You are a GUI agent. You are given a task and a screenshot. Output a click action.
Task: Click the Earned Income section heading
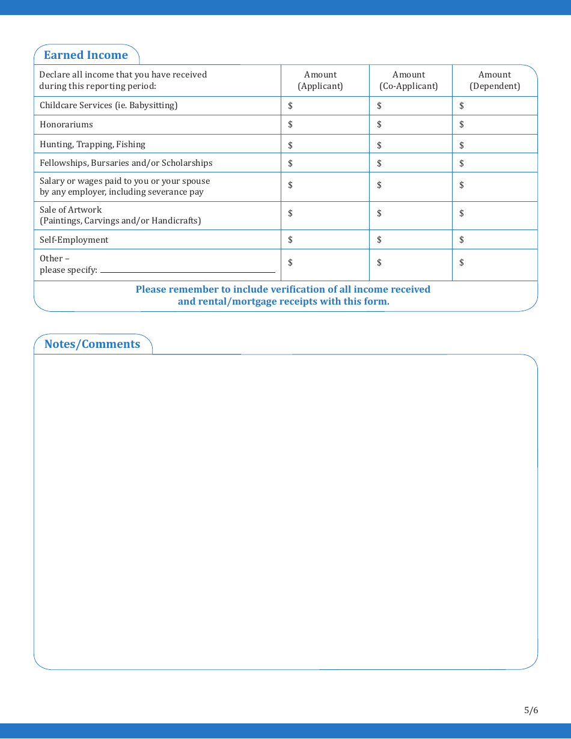pos(86,55)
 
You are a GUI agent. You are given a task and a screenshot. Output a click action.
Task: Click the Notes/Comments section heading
pos(92,344)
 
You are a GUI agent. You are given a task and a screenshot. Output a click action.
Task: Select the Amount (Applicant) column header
pos(320,81)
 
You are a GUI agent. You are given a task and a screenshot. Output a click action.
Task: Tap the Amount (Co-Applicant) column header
pos(409,81)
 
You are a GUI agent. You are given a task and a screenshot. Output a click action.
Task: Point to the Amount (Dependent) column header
pos(495,81)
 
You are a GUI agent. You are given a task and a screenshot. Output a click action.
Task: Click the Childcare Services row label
pos(109,105)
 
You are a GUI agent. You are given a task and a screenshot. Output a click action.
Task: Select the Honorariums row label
pos(66,124)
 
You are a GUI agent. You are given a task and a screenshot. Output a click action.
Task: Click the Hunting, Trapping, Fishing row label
pos(93,144)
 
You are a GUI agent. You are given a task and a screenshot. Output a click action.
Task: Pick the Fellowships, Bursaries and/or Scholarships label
pos(126,163)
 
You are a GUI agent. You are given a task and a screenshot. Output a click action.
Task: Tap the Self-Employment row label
pos(74,240)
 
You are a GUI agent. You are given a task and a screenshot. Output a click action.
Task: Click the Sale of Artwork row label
pos(120,215)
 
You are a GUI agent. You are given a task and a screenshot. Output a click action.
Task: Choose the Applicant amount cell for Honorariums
pos(325,124)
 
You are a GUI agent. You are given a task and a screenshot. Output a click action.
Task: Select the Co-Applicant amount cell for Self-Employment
pos(411,240)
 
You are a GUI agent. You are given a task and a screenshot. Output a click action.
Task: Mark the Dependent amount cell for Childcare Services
pos(495,106)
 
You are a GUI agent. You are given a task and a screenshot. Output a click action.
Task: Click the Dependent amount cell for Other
pos(495,263)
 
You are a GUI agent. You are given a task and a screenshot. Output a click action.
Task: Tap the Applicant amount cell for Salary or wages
pos(325,186)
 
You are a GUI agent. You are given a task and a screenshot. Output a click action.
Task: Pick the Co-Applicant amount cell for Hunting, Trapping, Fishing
pos(411,145)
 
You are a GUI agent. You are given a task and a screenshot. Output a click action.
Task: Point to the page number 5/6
pos(531,710)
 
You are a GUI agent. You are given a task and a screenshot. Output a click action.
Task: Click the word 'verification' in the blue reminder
pos(293,289)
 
